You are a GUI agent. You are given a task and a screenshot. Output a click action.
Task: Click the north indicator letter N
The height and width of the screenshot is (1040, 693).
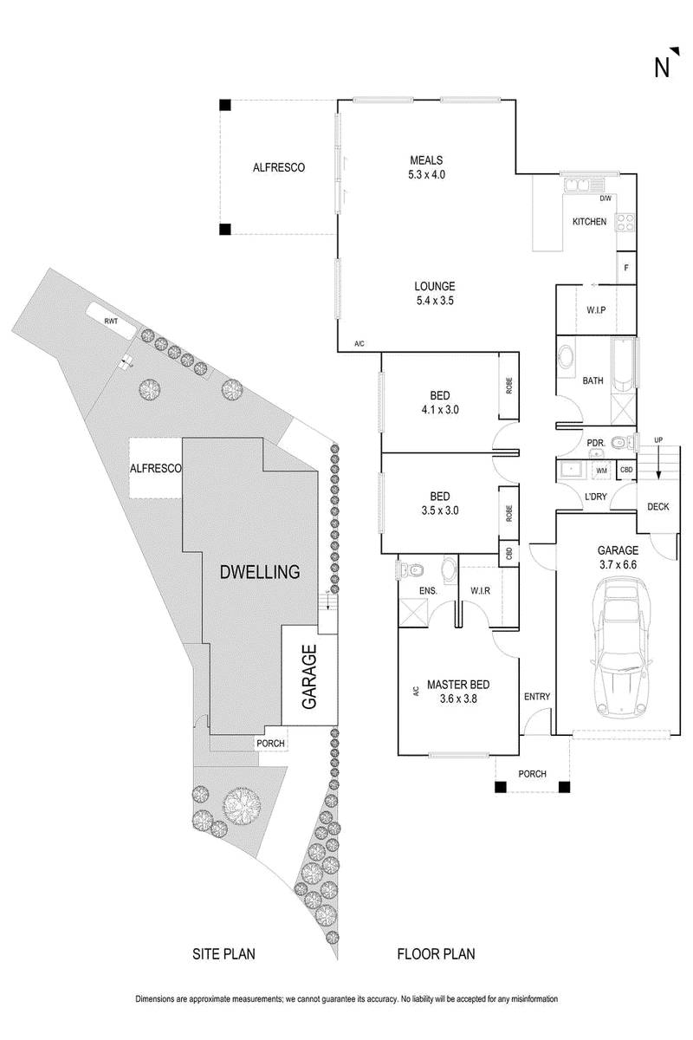(663, 67)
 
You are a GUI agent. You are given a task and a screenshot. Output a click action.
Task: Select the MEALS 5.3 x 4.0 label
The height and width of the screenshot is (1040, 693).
(426, 167)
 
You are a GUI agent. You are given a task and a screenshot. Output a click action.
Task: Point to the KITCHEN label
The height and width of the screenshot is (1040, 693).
(589, 223)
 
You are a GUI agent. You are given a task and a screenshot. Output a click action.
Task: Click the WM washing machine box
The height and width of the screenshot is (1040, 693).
(601, 471)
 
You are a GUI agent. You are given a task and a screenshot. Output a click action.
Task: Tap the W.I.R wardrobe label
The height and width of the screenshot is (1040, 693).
(481, 592)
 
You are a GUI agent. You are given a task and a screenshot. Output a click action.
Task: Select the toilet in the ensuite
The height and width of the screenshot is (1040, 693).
(412, 569)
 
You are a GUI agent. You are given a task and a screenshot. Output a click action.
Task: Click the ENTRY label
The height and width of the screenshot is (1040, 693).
(537, 697)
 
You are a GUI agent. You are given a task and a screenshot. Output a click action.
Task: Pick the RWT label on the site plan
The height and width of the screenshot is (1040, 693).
(111, 321)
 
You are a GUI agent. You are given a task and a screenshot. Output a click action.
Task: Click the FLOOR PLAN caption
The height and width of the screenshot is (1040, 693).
(437, 954)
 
